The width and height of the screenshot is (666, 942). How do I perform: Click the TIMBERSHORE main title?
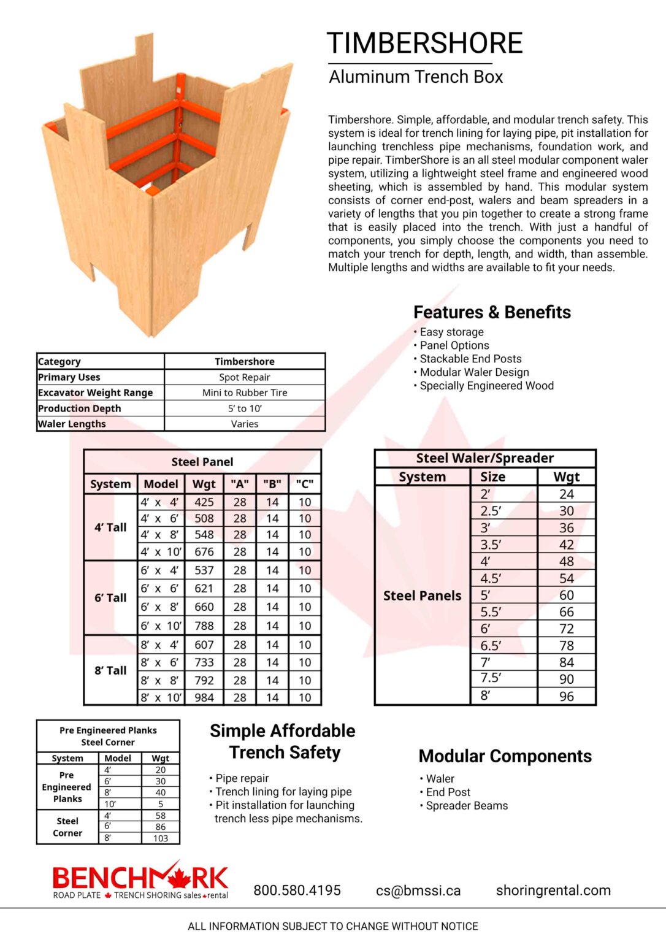pyautogui.click(x=424, y=44)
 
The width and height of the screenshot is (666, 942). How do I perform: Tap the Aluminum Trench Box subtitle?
pyautogui.click(x=416, y=77)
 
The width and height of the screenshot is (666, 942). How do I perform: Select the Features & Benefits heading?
pyautogui.click(x=492, y=312)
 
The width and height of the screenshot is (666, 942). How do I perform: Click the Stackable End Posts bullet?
pyautogui.click(x=470, y=359)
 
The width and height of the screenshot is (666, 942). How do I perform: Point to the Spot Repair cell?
pyautogui.click(x=244, y=377)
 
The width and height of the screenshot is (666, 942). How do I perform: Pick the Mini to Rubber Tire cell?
pyautogui.click(x=244, y=392)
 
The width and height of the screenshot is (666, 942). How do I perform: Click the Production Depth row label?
pyautogui.click(x=80, y=408)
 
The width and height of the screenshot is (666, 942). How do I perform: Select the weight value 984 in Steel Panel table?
pyautogui.click(x=204, y=697)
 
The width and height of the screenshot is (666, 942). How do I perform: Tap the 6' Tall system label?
pyautogui.click(x=110, y=598)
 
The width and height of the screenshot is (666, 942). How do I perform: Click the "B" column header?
pyautogui.click(x=272, y=484)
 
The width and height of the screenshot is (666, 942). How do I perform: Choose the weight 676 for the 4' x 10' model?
pyautogui.click(x=204, y=551)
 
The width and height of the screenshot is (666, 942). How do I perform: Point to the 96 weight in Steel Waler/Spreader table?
pyautogui.click(x=566, y=696)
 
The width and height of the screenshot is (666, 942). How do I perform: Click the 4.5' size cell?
pyautogui.click(x=491, y=578)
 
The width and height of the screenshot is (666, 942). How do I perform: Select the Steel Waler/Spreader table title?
pyautogui.click(x=484, y=458)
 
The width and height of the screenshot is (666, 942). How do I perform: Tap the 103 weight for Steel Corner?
pyautogui.click(x=161, y=838)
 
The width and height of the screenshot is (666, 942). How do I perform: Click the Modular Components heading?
pyautogui.click(x=505, y=756)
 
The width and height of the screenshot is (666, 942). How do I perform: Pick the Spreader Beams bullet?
pyautogui.click(x=467, y=806)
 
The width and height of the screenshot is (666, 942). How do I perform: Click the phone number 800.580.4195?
pyautogui.click(x=297, y=890)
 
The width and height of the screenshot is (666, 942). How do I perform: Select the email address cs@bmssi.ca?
pyautogui.click(x=418, y=890)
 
